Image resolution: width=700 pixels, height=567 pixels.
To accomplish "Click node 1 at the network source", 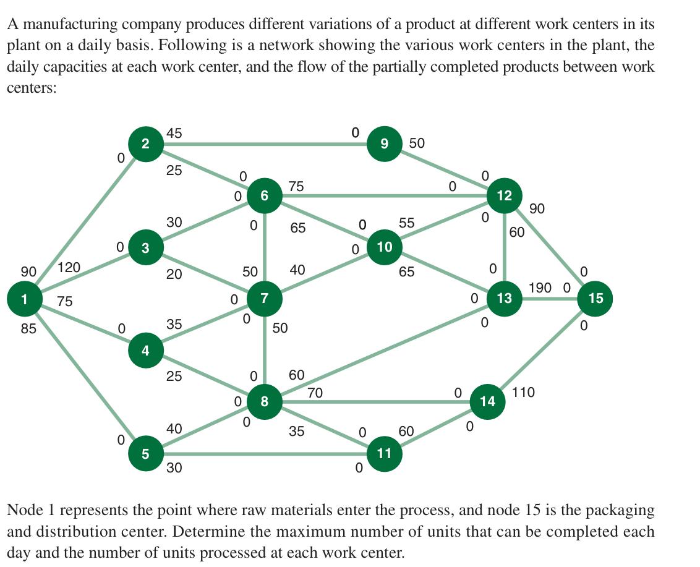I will tap(23, 299).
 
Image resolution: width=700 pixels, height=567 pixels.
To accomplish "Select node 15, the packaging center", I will tap(595, 299).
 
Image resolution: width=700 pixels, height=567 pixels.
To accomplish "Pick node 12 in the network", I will tap(504, 196).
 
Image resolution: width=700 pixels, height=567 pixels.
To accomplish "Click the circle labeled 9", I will tap(384, 144).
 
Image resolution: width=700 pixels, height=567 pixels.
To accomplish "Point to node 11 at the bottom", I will tap(384, 453).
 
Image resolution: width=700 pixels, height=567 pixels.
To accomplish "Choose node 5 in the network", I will tap(145, 453).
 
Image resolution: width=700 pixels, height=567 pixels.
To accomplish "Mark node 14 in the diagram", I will tap(487, 401).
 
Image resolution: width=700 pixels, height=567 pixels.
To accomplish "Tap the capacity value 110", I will tap(524, 392).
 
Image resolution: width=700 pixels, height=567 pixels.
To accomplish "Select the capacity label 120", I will tap(69, 268).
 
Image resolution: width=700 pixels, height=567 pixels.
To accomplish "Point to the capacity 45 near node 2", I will tap(174, 133).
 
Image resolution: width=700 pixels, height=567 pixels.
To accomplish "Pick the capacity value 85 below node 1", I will tap(28, 329).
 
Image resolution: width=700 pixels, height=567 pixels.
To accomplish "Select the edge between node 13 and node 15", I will tap(550, 299).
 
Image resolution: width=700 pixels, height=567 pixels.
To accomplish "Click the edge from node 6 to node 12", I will tap(383, 197).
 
